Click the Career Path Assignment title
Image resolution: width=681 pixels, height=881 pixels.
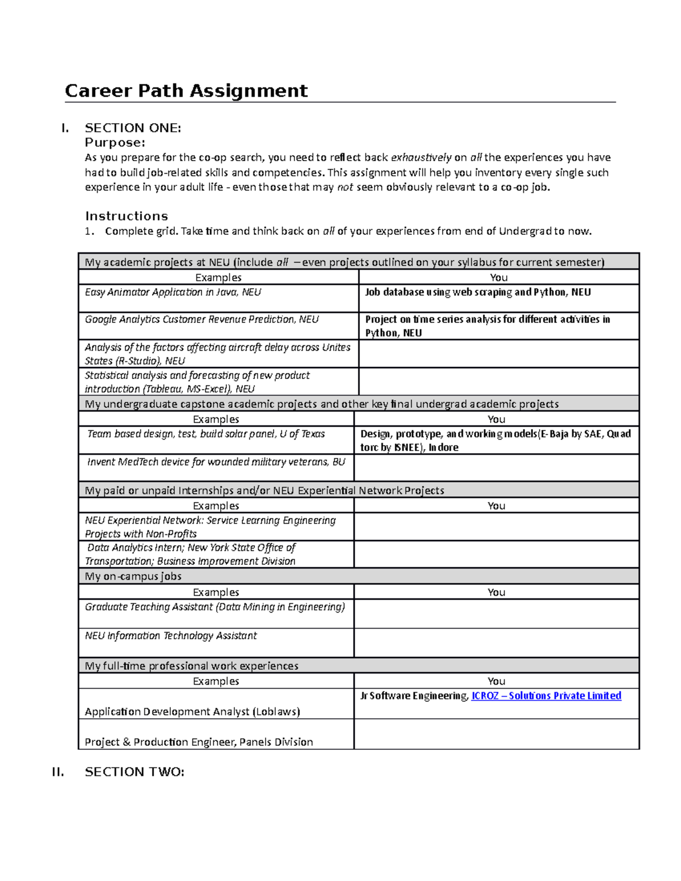[186, 91]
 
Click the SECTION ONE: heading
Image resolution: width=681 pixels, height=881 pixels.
[133, 128]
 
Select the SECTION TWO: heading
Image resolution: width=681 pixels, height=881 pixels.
[134, 772]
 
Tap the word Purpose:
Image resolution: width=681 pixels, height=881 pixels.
[115, 142]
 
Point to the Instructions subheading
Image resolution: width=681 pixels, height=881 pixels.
[127, 216]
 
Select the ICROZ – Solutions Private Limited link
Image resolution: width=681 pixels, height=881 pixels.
[546, 696]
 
